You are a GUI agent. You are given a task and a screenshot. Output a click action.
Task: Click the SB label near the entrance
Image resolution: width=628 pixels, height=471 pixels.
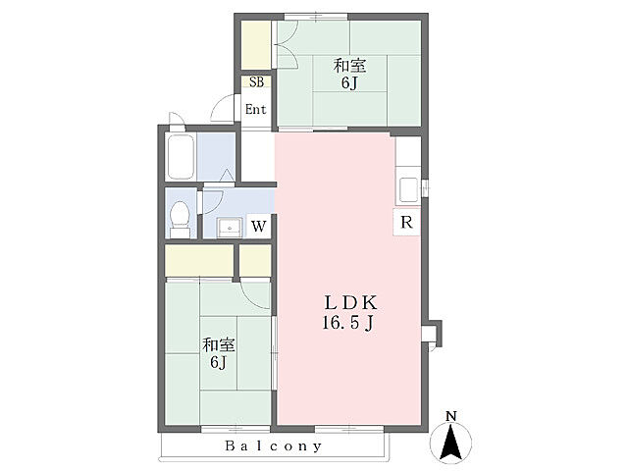pos(257,82)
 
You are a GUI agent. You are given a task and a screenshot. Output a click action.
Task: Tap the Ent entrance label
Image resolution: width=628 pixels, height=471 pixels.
pos(256,109)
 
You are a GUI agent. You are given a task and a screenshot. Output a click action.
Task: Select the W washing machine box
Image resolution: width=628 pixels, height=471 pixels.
pos(259,227)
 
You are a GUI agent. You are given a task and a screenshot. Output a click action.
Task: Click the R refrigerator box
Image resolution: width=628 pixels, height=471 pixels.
pos(406,222)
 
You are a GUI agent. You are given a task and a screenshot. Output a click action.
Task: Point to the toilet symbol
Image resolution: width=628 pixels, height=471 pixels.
pos(180,220)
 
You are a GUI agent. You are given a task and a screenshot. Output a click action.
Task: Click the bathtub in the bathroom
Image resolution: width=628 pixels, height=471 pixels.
pos(181,157)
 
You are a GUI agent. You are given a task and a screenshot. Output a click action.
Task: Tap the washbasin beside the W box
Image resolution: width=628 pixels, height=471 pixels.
pos(230,228)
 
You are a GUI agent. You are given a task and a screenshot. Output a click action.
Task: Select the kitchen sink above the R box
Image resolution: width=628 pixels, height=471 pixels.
pos(408,189)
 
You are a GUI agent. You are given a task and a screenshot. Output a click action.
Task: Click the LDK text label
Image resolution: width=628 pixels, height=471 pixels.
pos(350,303)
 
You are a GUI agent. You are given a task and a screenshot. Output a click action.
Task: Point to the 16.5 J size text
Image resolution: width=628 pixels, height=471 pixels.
pos(348,323)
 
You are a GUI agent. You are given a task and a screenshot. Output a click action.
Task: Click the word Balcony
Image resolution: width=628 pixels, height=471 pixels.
pos(274,446)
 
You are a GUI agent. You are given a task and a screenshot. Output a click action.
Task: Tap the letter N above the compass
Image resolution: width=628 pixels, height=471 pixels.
pos(451,416)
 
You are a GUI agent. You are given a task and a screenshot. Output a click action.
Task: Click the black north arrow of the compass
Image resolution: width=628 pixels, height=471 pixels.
pos(451,443)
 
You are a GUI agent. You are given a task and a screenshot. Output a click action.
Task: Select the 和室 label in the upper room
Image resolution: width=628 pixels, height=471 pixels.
pos(349,66)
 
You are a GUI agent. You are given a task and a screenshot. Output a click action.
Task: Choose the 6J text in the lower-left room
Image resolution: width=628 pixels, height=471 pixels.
pos(218,362)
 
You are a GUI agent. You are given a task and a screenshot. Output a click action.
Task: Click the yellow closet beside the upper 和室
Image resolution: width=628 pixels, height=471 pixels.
pos(256,44)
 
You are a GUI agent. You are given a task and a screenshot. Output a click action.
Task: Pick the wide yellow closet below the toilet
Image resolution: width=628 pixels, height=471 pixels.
pos(199,260)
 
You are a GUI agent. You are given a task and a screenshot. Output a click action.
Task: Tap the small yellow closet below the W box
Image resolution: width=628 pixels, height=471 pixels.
pos(255,260)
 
